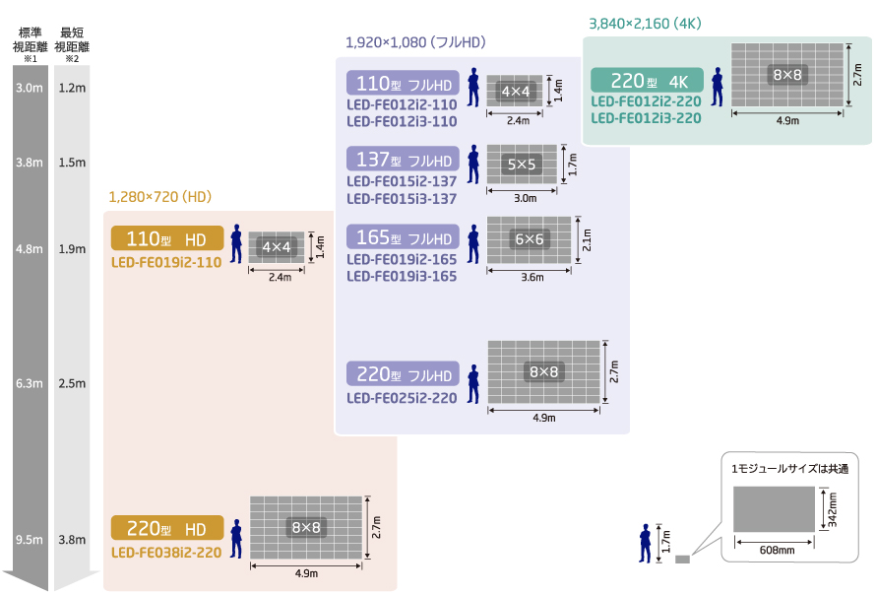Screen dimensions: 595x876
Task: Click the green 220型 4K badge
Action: click(647, 81)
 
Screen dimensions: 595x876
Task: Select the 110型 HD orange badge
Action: click(167, 239)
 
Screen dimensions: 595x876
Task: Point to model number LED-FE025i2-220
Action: click(402, 398)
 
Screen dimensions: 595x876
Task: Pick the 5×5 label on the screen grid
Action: click(521, 165)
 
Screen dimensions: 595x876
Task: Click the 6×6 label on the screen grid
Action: click(529, 238)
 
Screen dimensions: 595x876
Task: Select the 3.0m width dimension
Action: click(526, 198)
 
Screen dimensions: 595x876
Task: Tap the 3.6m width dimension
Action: click(532, 277)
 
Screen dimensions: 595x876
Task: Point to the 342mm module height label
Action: click(832, 510)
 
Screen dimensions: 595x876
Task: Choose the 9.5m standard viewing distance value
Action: click(30, 540)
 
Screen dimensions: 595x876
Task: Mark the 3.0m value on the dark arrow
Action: click(30, 88)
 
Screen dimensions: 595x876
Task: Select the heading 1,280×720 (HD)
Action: click(159, 196)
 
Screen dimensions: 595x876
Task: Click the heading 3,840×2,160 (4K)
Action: click(645, 23)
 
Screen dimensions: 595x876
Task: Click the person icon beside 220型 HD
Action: click(236, 538)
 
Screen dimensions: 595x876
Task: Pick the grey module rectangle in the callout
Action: click(774, 509)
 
